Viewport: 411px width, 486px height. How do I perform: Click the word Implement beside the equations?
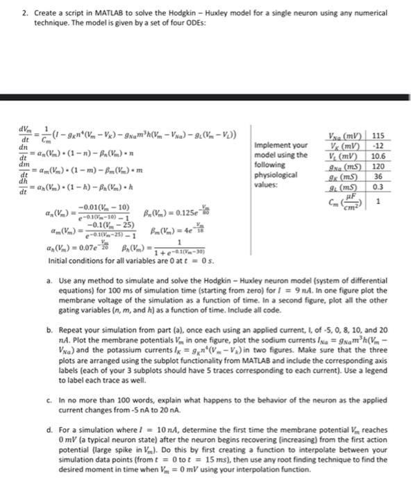pyautogui.click(x=271, y=145)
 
